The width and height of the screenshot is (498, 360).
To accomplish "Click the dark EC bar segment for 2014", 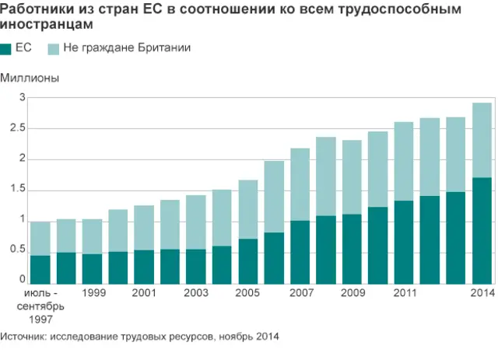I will click(x=482, y=231).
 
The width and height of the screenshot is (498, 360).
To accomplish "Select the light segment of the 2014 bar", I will click(x=482, y=140).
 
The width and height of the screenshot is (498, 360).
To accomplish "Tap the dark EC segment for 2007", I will click(x=300, y=252).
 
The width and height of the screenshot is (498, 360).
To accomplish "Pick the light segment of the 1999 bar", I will click(x=93, y=236).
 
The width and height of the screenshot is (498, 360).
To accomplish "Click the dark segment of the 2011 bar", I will click(x=404, y=242).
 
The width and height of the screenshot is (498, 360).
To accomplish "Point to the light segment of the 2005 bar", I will click(x=248, y=209).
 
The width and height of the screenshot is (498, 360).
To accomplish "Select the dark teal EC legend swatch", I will click(x=7, y=49).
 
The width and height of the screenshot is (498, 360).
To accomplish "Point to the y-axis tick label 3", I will click(x=23, y=98).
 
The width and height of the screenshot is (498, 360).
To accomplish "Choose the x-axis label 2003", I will click(x=196, y=293).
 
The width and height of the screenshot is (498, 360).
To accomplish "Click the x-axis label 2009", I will click(x=352, y=293).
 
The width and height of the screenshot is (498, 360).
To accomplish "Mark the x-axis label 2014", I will click(x=482, y=293).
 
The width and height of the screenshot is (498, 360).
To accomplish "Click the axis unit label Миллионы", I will click(x=30, y=78).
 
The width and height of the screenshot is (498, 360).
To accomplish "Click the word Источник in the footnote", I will click(x=24, y=337).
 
